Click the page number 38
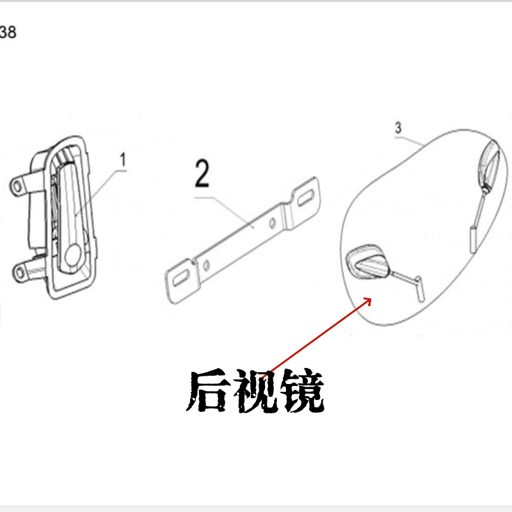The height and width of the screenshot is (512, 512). (8, 33)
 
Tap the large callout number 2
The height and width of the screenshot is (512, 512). (202, 173)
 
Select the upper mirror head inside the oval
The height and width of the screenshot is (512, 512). (490, 164)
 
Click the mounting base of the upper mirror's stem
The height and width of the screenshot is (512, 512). (474, 236)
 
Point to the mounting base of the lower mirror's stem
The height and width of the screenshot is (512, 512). (419, 287)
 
